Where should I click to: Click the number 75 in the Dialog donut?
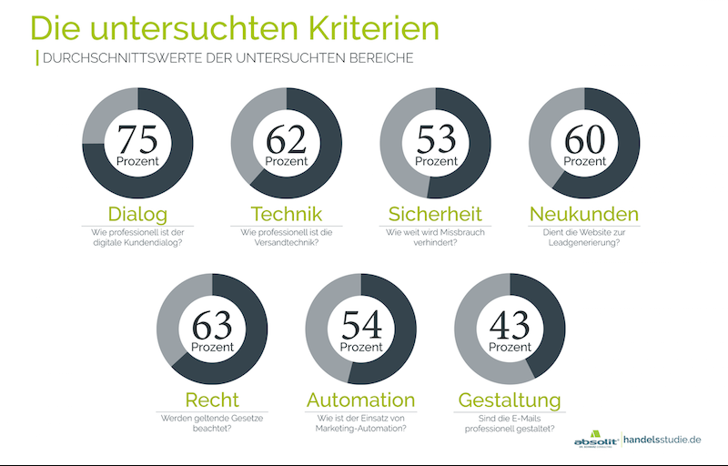pyautogui.click(x=137, y=139)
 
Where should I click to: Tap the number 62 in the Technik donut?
pyautogui.click(x=286, y=139)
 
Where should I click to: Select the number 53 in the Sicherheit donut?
pyautogui.click(x=436, y=139)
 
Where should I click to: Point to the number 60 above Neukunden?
pyautogui.click(x=584, y=139)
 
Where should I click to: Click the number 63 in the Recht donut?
pyautogui.click(x=212, y=324)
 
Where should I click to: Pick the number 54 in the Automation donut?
pyautogui.click(x=360, y=324)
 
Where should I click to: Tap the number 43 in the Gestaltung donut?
pyautogui.click(x=510, y=324)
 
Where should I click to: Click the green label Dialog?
pyautogui.click(x=137, y=215)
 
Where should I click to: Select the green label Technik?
pyautogui.click(x=286, y=215)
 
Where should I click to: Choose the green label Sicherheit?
pyautogui.click(x=436, y=215)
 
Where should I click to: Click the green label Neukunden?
pyautogui.click(x=584, y=215)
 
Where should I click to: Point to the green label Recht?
pyautogui.click(x=212, y=400)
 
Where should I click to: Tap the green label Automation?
pyautogui.click(x=360, y=400)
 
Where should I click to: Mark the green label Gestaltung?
pyautogui.click(x=510, y=400)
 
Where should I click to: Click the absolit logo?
pyautogui.click(x=596, y=438)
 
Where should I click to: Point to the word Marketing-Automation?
pyautogui.click(x=360, y=429)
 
